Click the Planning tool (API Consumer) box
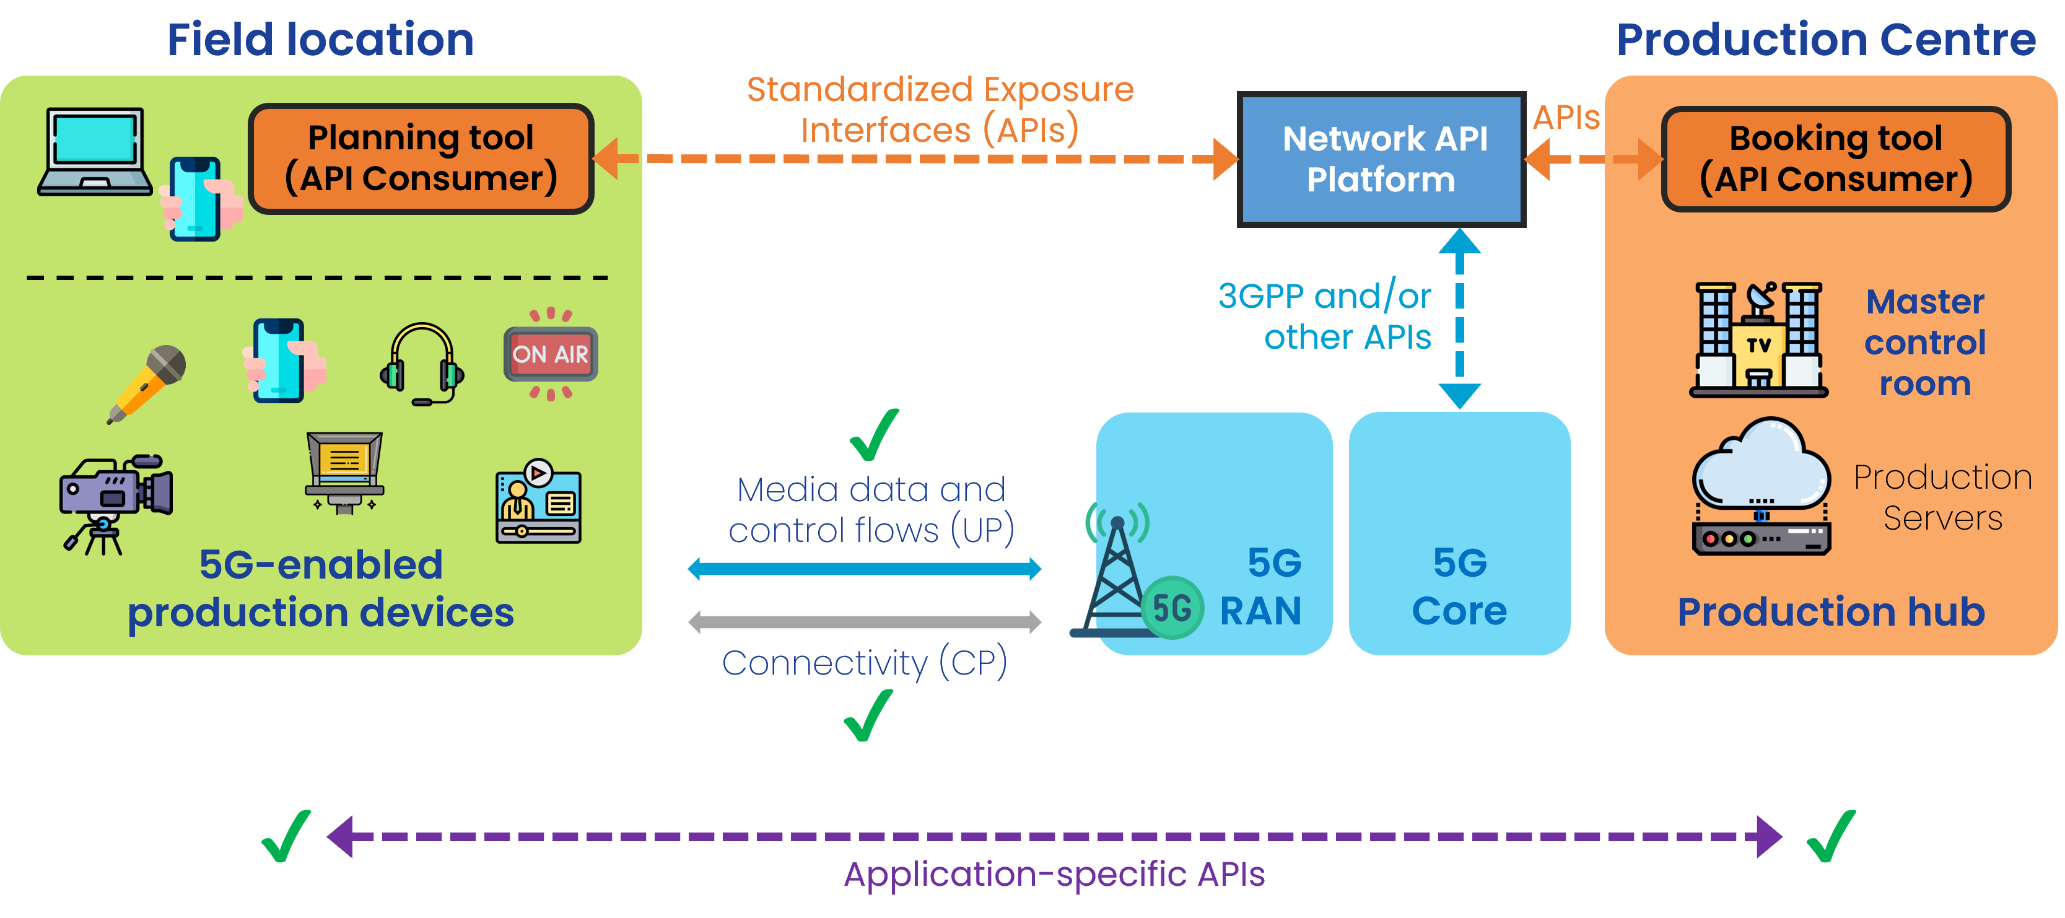(421, 159)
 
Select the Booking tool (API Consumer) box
(1836, 159)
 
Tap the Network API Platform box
(1381, 159)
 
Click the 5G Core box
(1459, 533)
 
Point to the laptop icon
(95, 152)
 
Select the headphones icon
(422, 363)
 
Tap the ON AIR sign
(551, 354)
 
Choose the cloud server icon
(1761, 486)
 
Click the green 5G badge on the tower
(1171, 608)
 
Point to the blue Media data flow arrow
(864, 569)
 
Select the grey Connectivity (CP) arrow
(864, 621)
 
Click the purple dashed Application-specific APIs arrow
(1054, 836)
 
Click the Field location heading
(321, 40)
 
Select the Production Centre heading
(1825, 40)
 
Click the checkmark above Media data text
(874, 435)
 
